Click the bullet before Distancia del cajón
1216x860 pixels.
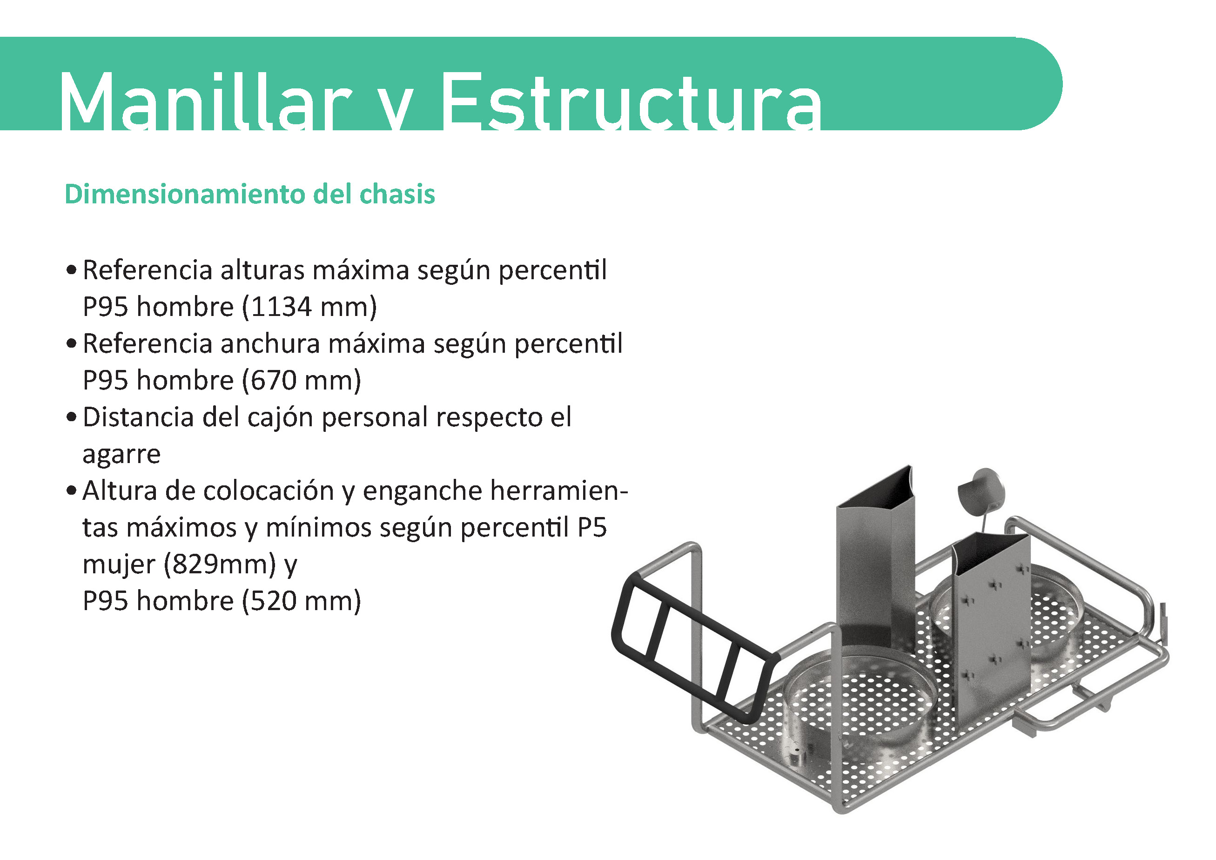coord(72,418)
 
